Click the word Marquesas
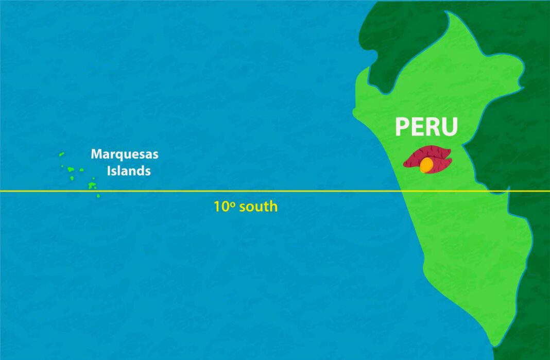125,153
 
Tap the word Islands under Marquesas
129,170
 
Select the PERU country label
426,126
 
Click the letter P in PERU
403,127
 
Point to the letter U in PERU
449,127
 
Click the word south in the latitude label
257,207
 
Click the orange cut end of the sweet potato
426,165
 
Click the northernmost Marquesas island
61,153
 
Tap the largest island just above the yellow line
93,185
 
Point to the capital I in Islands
108,170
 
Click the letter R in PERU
433,127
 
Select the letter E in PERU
417,127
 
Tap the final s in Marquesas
156,155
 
